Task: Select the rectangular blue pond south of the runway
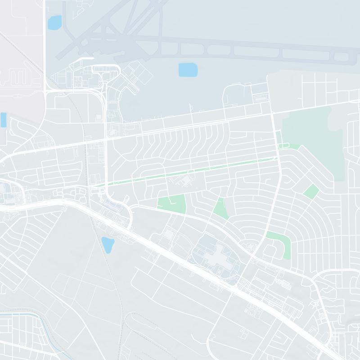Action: click(x=188, y=70)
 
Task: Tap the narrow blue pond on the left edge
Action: click(x=3, y=120)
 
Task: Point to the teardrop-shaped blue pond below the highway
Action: click(x=108, y=244)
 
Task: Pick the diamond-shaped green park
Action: click(x=311, y=191)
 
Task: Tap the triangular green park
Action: click(x=221, y=208)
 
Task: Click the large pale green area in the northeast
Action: click(x=315, y=135)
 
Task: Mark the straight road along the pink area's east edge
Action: click(x=45, y=45)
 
